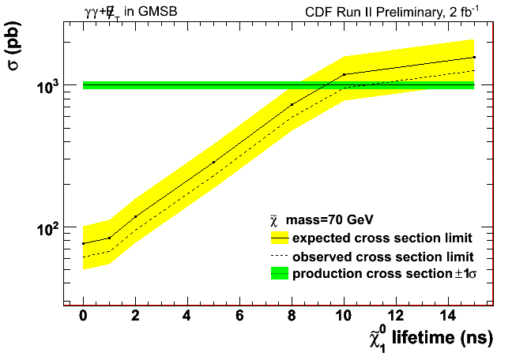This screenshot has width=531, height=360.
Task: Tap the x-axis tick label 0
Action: tap(83, 317)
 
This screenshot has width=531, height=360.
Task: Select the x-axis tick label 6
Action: tap(239, 317)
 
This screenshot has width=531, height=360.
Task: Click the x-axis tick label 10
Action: tap(343, 317)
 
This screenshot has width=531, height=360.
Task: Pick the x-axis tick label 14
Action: tap(447, 317)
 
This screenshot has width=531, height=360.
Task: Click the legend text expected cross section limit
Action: tap(382, 238)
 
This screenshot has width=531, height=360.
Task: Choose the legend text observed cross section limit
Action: tap(382, 257)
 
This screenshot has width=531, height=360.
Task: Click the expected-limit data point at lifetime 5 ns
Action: tap(213, 162)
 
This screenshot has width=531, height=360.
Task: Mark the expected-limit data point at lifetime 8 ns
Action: tap(292, 104)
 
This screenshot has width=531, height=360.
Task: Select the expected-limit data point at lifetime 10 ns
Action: tap(344, 74)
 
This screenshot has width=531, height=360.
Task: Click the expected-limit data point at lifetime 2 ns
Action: tap(135, 216)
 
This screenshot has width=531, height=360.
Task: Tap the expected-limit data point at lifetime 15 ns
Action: tap(474, 57)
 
